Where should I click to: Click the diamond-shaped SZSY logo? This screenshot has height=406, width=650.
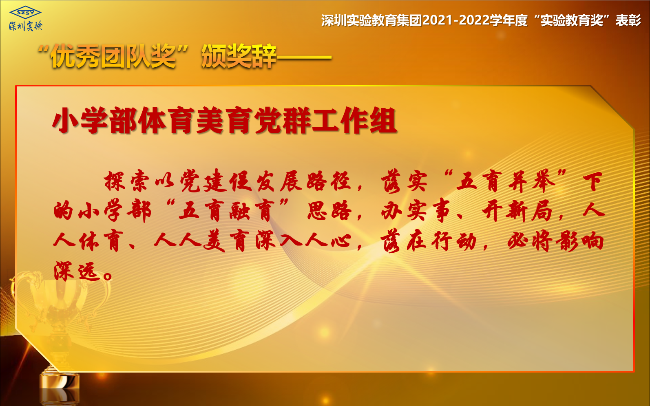coord(26,13)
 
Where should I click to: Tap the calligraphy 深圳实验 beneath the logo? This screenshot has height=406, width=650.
coord(26,26)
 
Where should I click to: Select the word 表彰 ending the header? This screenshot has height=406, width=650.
coord(628,20)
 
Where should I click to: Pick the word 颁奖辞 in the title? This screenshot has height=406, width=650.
coord(239,56)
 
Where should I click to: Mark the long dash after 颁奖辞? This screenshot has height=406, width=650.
coord(304,57)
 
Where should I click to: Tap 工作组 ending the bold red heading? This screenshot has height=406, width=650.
coord(354,120)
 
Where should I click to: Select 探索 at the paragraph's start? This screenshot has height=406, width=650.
coord(127,181)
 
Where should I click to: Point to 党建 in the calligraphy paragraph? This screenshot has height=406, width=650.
coord(203,181)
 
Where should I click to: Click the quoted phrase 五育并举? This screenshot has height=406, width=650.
coord(506,181)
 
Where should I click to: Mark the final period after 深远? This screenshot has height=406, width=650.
coord(108,276)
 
